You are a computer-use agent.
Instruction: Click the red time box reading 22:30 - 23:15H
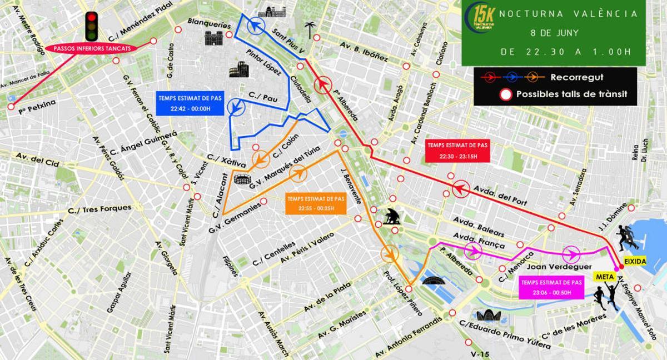point(458,151)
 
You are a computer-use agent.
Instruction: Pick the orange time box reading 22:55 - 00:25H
point(316,203)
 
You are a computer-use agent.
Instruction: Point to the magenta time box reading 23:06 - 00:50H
point(551,287)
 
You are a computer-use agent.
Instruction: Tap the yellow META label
point(604,276)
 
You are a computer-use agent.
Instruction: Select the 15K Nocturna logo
point(479,19)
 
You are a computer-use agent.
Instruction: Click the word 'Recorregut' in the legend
point(576,77)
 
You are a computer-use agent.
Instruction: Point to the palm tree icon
point(310,29)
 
